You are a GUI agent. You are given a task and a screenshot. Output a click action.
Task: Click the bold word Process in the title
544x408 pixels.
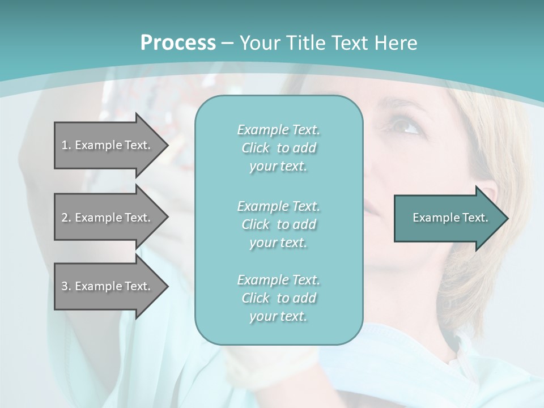point(178,43)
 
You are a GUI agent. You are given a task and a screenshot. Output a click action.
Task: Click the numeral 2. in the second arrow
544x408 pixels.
point(66,218)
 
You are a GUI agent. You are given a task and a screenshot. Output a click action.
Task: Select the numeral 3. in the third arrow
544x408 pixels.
point(66,286)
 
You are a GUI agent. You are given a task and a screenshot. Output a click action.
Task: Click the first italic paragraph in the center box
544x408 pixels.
point(278,148)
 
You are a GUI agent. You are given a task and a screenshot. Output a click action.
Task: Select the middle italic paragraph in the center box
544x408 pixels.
point(278,224)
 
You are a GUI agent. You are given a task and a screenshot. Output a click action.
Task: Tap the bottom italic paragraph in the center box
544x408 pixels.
point(278,298)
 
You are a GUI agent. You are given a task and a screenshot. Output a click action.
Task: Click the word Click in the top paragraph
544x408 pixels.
point(255,148)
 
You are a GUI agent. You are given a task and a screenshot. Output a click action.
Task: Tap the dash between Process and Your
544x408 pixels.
point(228,44)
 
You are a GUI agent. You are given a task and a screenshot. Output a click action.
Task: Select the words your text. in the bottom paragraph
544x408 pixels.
point(278,316)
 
